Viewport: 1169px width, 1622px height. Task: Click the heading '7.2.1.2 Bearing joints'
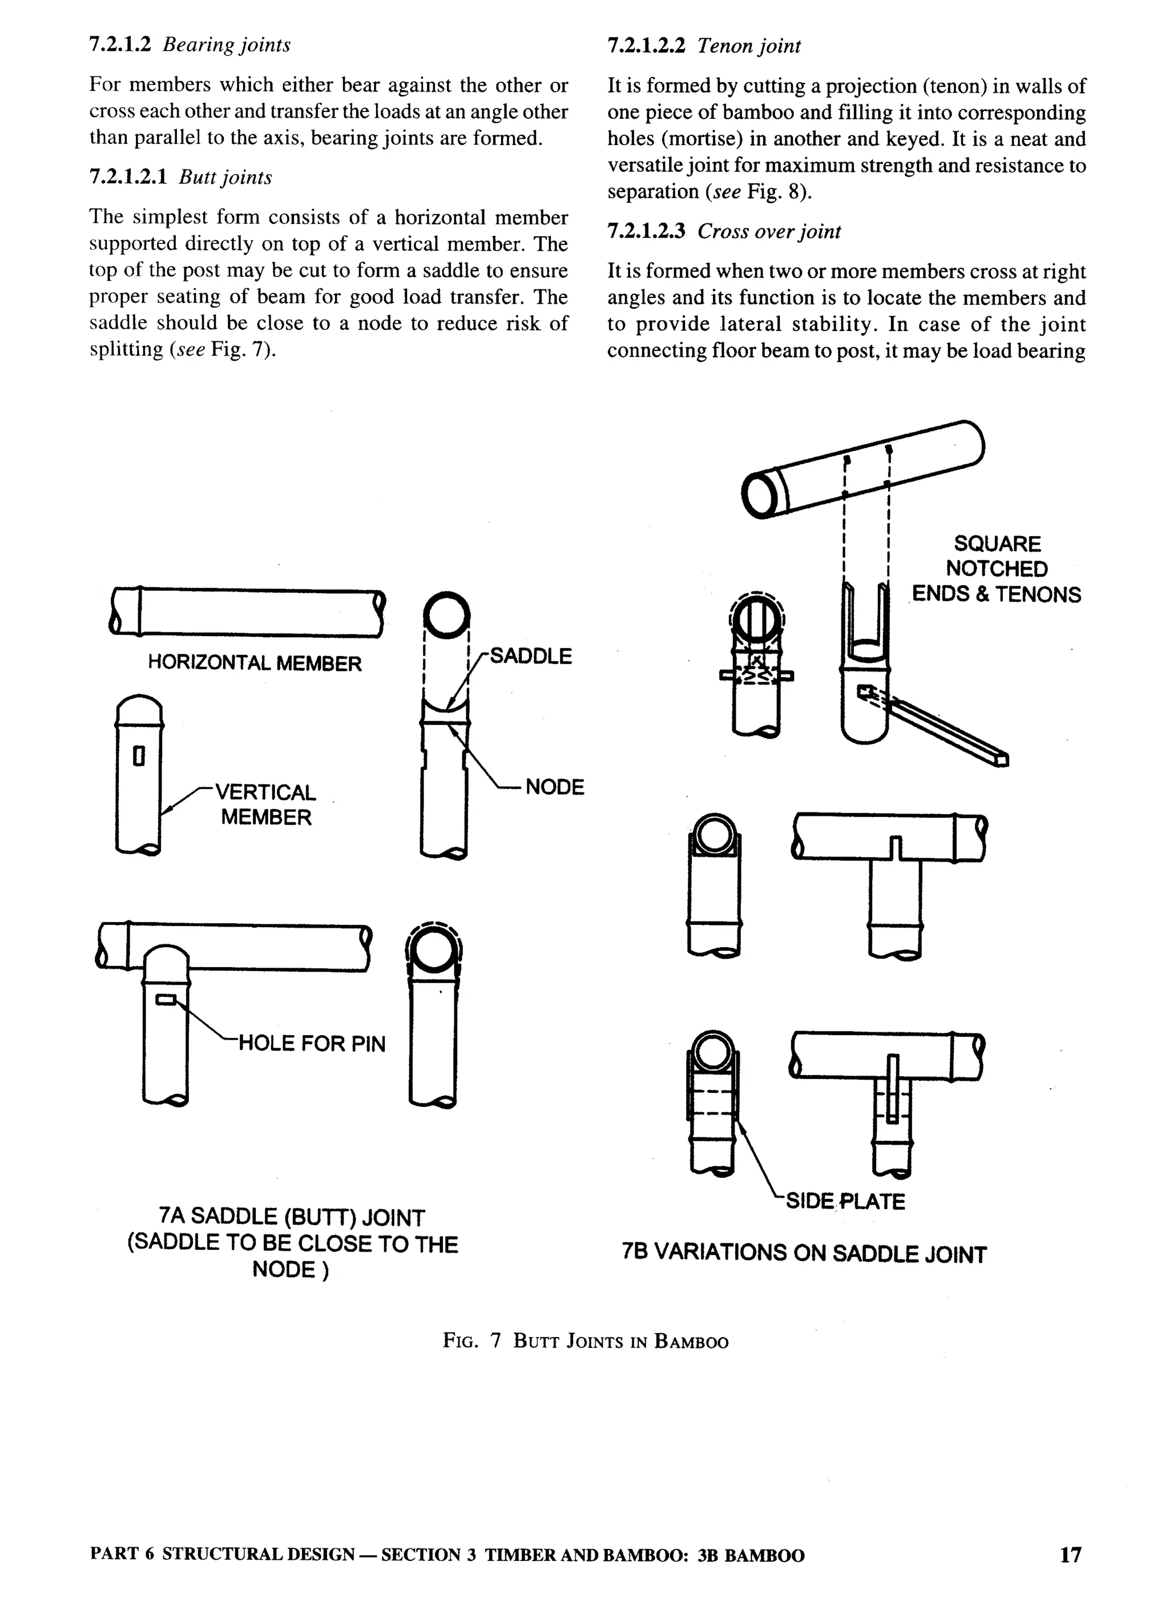190,45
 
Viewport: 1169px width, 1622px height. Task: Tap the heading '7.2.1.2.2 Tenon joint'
704,46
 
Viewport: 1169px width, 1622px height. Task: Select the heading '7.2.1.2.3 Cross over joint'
724,231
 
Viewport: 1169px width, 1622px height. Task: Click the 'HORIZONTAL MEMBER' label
255,663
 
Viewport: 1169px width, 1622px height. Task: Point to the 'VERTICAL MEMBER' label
266,804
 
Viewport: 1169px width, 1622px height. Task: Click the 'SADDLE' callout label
530,656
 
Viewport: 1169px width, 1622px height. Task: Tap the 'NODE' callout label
554,787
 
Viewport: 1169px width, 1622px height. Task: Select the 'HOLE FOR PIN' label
311,1044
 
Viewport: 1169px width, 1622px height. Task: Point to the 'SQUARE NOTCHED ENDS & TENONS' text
996,569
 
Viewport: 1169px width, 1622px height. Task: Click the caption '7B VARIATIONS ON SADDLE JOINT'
804,1253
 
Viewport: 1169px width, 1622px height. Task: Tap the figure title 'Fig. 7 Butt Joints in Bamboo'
585,1341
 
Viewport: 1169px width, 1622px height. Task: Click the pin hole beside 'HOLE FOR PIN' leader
166,999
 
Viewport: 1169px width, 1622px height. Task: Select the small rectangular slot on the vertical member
139,756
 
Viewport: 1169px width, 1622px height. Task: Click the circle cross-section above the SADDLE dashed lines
446,615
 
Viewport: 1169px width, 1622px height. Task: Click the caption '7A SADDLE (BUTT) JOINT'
292,1217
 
